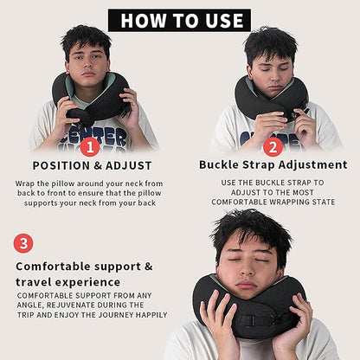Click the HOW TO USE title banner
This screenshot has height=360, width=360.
[x=179, y=20]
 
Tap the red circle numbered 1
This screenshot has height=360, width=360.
[x=89, y=146]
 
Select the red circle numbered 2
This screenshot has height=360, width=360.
[x=273, y=146]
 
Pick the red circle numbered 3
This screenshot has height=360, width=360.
[x=23, y=243]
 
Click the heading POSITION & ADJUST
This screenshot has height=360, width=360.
[x=92, y=165]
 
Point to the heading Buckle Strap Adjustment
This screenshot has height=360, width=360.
[x=273, y=164]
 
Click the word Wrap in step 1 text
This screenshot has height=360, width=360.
[x=28, y=183]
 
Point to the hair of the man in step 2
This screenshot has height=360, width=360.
[x=270, y=41]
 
